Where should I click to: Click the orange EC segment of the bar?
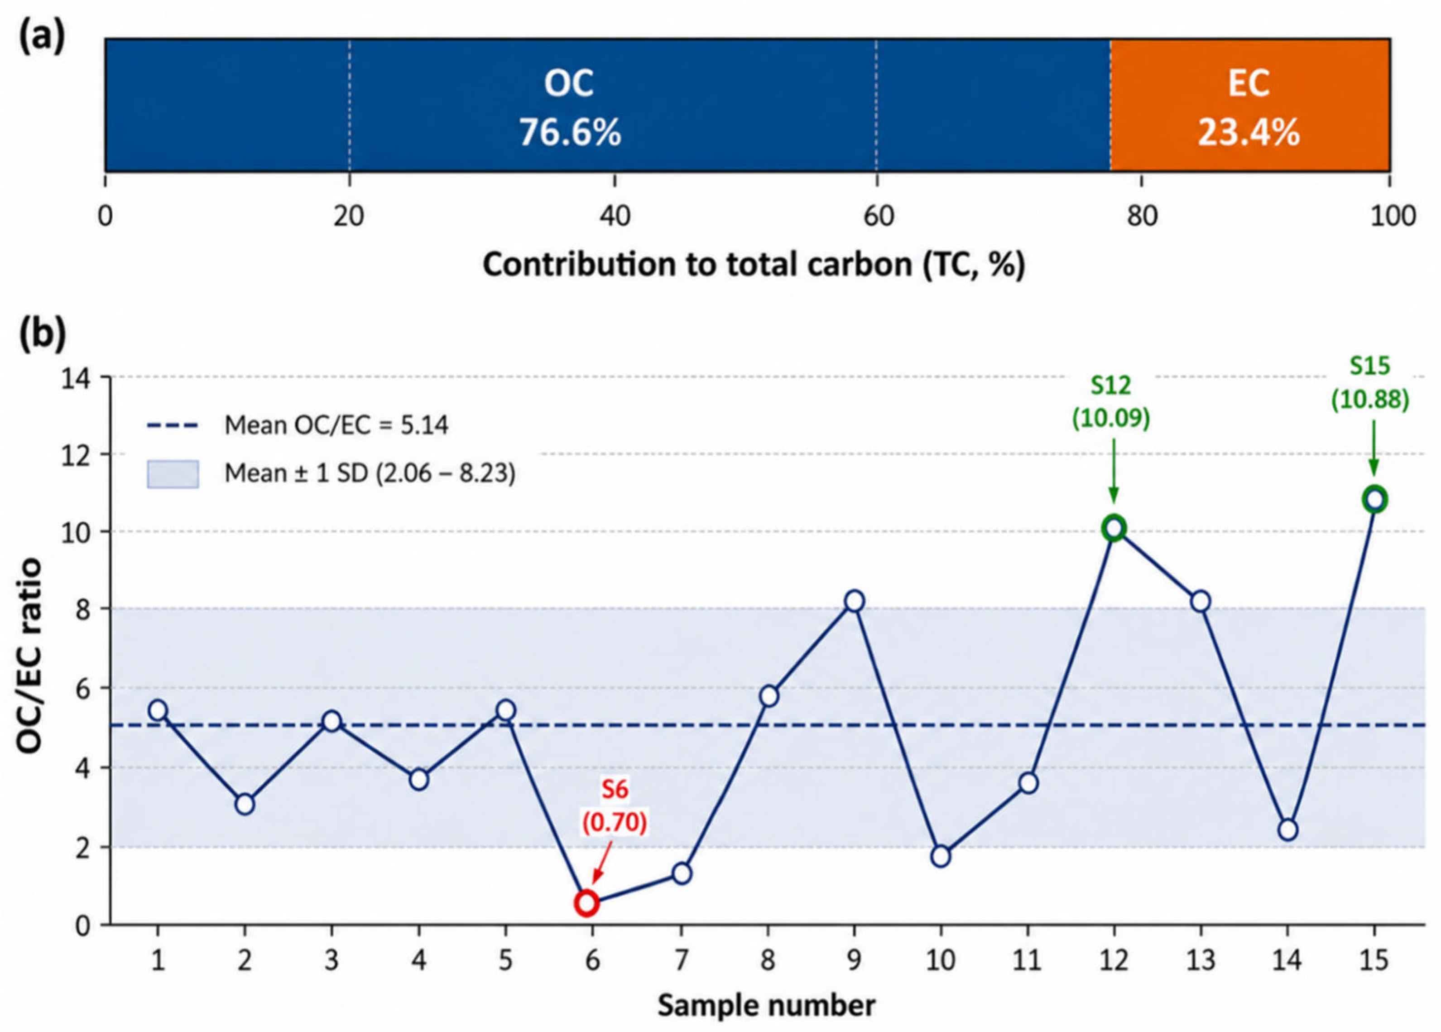coord(1250,105)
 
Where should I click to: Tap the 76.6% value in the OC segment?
coord(570,133)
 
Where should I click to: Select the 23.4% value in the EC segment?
coord(1249,133)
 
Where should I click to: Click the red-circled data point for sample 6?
coord(587,903)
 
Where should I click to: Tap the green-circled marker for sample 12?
coord(1113,527)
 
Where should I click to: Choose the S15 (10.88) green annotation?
coord(1370,383)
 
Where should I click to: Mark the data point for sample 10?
coord(941,856)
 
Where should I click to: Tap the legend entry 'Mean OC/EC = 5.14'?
coord(297,425)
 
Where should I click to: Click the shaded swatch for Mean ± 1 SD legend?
coord(173,474)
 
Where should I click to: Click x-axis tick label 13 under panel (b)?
coord(1200,960)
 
